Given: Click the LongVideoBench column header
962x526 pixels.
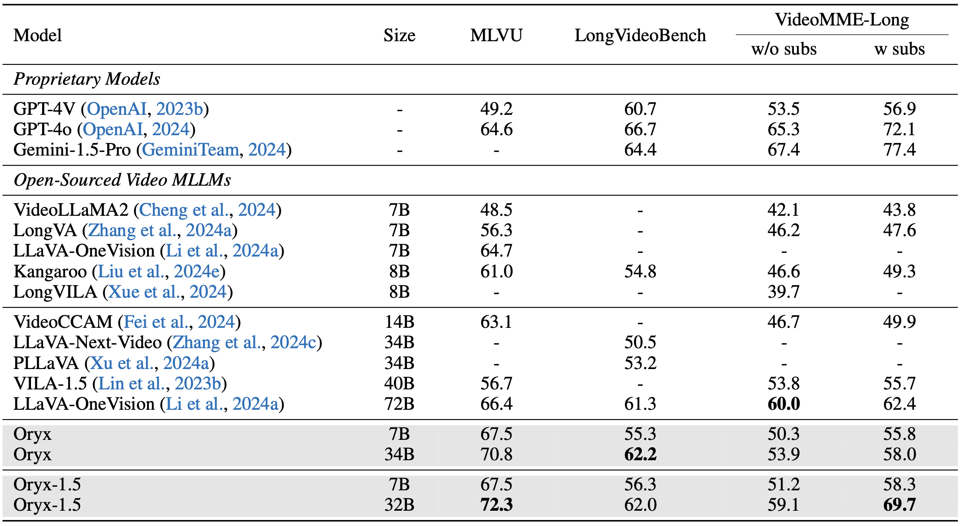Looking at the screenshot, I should tap(640, 36).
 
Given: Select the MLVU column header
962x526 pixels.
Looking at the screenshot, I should tap(496, 36).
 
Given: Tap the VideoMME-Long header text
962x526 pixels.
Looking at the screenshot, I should tap(842, 20).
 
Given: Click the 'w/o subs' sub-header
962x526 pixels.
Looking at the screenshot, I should tap(784, 49).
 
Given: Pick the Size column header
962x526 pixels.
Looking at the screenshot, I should tap(399, 36).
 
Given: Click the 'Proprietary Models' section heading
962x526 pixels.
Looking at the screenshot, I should tap(87, 79).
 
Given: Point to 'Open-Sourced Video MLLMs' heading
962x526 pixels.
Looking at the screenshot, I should tap(122, 180).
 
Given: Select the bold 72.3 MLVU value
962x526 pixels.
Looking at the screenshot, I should tap(496, 505).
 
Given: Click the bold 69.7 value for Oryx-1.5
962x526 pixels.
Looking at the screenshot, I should tap(899, 505).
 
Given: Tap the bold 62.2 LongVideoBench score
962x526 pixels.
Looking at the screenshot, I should tap(640, 455).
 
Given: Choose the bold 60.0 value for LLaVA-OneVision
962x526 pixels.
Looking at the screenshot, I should tap(783, 404).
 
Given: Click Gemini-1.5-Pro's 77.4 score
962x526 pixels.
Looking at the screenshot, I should tap(899, 150).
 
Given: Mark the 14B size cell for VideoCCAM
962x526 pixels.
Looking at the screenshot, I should tap(399, 322).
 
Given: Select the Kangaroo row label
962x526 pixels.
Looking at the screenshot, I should tap(50, 272).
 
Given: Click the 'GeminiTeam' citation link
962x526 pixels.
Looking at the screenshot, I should tap(191, 150).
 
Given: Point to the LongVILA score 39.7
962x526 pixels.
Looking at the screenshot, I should tap(783, 292).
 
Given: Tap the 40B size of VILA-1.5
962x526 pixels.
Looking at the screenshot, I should tap(399, 384).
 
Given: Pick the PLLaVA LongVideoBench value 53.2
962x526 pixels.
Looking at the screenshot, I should tap(640, 363).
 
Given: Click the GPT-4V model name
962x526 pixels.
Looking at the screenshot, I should tap(44, 109).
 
